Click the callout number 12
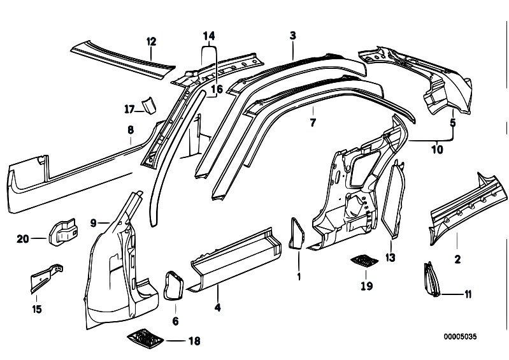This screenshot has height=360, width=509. [151, 42]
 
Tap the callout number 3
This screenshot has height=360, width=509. [292, 36]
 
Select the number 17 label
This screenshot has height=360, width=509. [129, 108]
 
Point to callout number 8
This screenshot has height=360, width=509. [130, 129]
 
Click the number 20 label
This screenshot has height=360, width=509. [23, 239]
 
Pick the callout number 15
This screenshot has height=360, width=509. [36, 310]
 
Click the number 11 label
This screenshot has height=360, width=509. [468, 294]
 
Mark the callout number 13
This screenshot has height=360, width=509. [391, 257]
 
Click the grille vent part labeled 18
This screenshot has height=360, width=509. [147, 337]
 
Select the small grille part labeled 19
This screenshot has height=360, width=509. [365, 261]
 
